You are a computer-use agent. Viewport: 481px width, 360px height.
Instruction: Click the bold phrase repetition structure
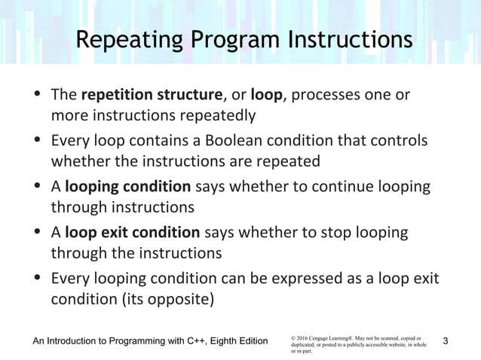click(152, 96)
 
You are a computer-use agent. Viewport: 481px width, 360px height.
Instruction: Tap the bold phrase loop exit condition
click(133, 232)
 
